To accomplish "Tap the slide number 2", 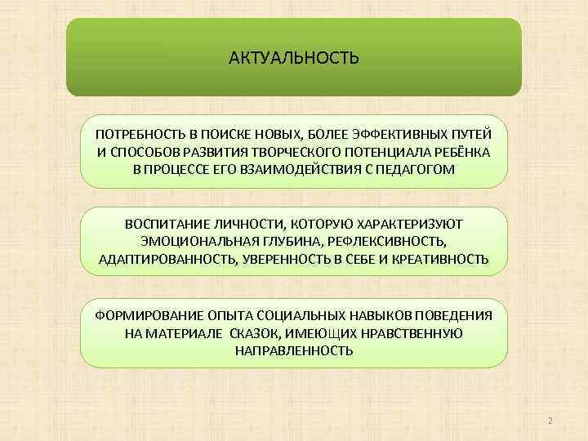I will [x=550, y=421].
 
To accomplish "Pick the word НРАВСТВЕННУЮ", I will [x=415, y=333].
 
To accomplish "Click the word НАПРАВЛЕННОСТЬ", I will [x=293, y=351].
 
